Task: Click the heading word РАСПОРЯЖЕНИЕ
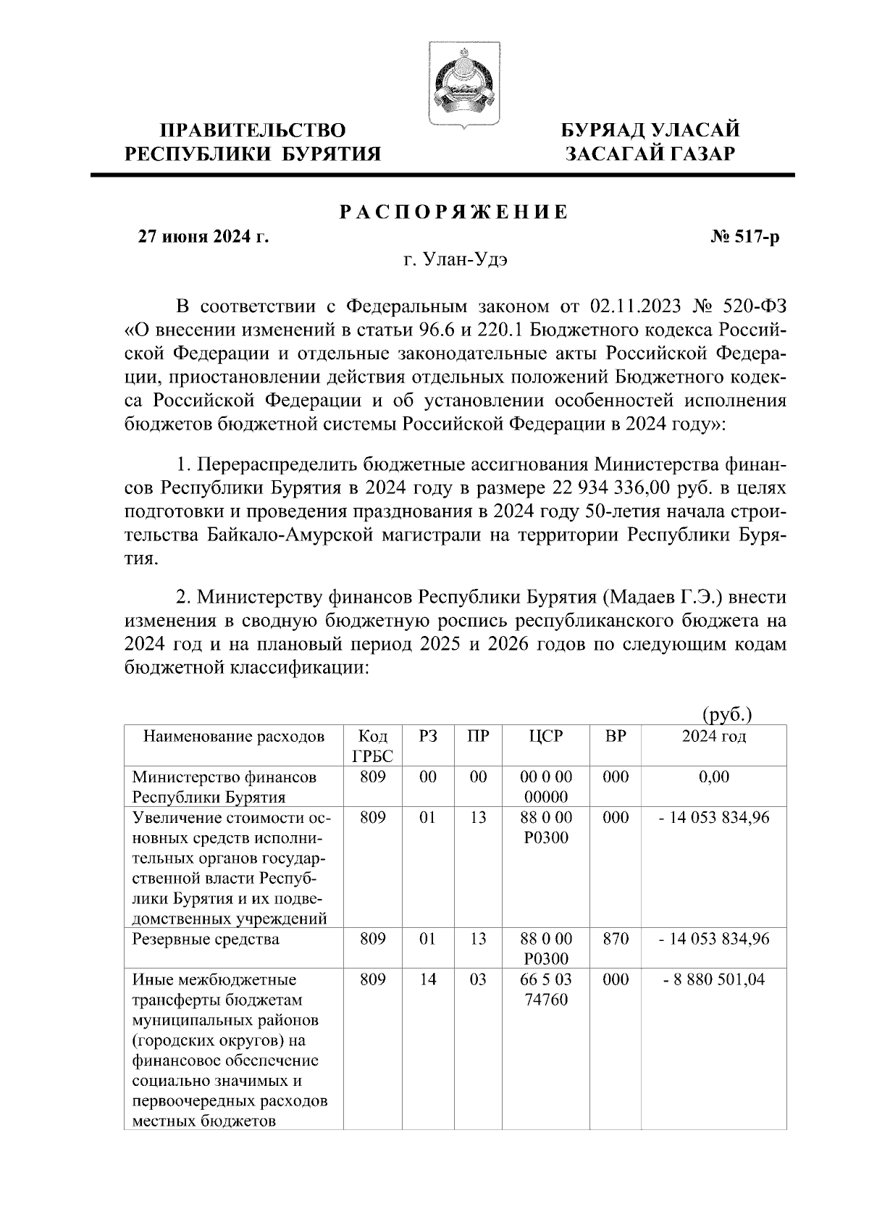click(x=454, y=212)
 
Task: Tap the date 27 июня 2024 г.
click(x=203, y=237)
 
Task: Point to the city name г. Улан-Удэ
click(x=456, y=261)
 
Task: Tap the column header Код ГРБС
click(x=373, y=746)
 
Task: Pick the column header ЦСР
click(x=546, y=737)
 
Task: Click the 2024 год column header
click(x=714, y=737)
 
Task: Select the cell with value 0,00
click(x=714, y=777)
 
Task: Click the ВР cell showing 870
click(x=616, y=940)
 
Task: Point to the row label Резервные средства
click(x=206, y=940)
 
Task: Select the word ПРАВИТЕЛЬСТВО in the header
click(x=253, y=130)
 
